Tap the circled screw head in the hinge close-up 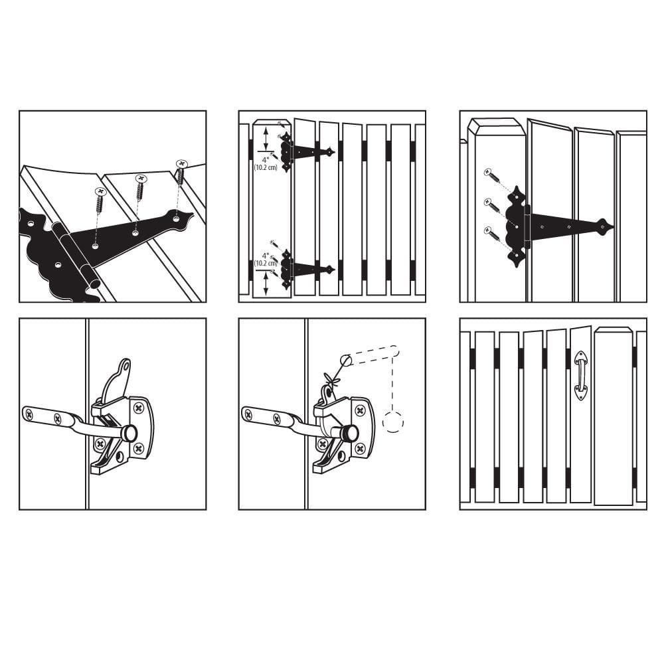pyautogui.click(x=181, y=163)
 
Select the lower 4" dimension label pyautogui.click(x=265, y=255)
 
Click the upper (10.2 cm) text pyautogui.click(x=265, y=167)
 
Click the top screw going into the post pyautogui.click(x=492, y=176)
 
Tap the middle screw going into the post pyautogui.click(x=492, y=204)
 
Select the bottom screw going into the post pyautogui.click(x=492, y=232)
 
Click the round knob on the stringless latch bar pyautogui.click(x=130, y=433)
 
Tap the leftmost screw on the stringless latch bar pyautogui.click(x=29, y=414)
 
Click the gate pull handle pyautogui.click(x=581, y=376)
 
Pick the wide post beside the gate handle pyautogui.click(x=613, y=415)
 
